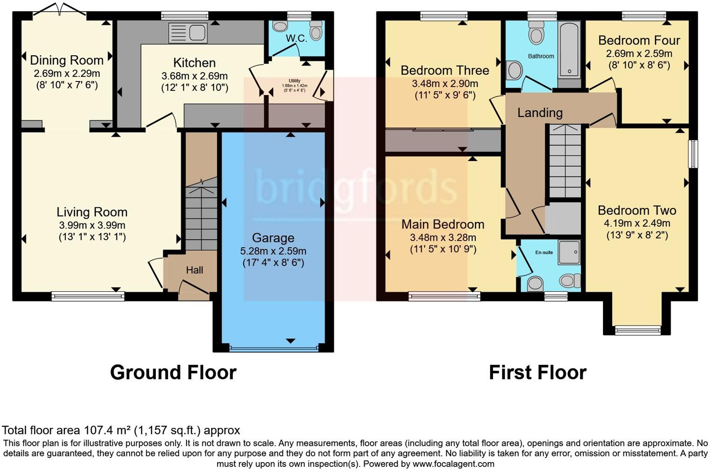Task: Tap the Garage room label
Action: (x=273, y=238)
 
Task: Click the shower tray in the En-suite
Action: (x=569, y=253)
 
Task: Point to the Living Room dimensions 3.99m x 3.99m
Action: (x=92, y=225)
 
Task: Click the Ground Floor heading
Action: (x=173, y=373)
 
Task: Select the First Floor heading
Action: (x=537, y=373)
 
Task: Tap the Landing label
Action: (x=540, y=112)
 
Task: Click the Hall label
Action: (x=195, y=270)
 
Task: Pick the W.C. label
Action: (x=297, y=38)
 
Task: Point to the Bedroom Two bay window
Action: (x=637, y=330)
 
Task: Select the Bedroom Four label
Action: (x=639, y=40)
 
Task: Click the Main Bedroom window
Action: (x=444, y=295)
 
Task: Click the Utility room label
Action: (x=295, y=81)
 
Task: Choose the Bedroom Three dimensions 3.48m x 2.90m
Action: (x=445, y=84)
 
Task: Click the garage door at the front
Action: (x=274, y=348)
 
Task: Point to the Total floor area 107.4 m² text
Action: (x=121, y=430)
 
